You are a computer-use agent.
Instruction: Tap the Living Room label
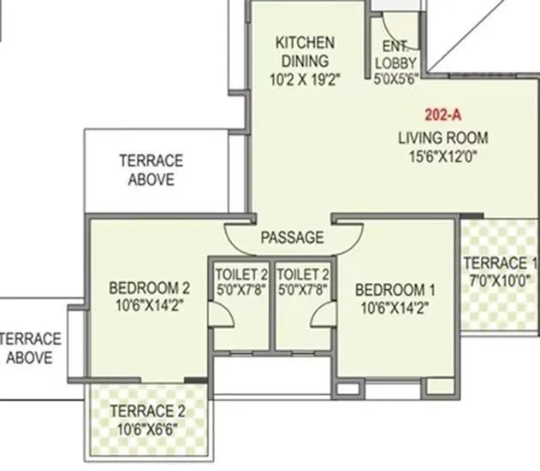coord(443,138)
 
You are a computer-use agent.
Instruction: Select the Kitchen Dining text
coord(305,51)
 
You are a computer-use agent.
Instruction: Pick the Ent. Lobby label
coord(396,56)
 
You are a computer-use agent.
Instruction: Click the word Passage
coord(292,238)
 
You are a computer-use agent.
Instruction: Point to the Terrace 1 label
coord(501,263)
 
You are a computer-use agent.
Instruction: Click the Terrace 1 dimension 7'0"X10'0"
coord(501,280)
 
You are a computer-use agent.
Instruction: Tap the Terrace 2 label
coord(147,409)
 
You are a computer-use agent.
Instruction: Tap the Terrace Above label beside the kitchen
coord(151,169)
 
